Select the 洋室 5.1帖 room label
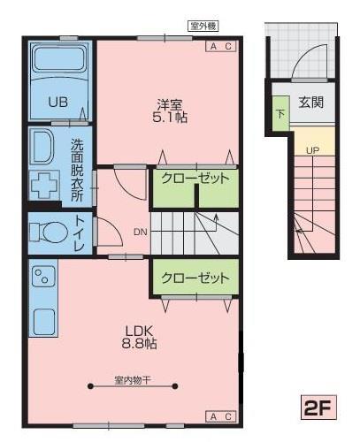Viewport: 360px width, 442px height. tap(168, 109)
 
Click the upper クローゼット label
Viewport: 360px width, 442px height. tap(195, 178)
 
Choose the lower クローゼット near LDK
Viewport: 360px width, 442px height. tap(195, 278)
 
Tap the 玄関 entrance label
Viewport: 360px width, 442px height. tap(310, 102)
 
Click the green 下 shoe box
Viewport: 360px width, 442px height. tap(280, 114)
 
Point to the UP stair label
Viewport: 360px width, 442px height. tap(312, 150)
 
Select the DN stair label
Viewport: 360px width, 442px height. tap(140, 232)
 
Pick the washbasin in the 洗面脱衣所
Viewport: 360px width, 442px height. tap(41, 146)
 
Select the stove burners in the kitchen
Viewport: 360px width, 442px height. tap(42, 279)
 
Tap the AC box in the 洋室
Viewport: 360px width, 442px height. tap(220, 46)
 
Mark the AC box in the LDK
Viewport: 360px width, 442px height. tap(220, 415)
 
